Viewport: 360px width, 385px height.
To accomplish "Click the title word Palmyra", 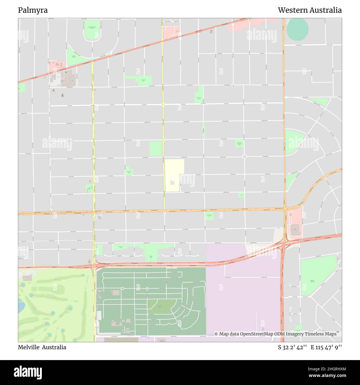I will pyautogui.click(x=33, y=10).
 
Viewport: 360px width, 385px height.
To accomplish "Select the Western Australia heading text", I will pyautogui.click(x=310, y=10).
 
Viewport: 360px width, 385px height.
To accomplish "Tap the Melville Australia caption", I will pyautogui.click(x=42, y=347).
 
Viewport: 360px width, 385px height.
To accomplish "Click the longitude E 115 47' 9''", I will pyautogui.click(x=326, y=347).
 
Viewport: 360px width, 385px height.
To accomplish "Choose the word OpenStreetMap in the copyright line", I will pyautogui.click(x=256, y=334).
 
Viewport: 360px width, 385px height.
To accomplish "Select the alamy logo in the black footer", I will pyautogui.click(x=28, y=372).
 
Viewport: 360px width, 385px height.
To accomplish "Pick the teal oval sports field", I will pyautogui.click(x=297, y=30).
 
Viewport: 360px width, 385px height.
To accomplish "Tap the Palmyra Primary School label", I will pyautogui.click(x=172, y=183).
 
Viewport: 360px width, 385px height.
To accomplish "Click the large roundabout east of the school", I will pyautogui.click(x=244, y=156).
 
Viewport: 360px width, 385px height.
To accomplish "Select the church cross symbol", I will pyautogui.click(x=63, y=95).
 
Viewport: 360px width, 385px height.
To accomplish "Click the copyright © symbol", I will pyautogui.click(x=216, y=334).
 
